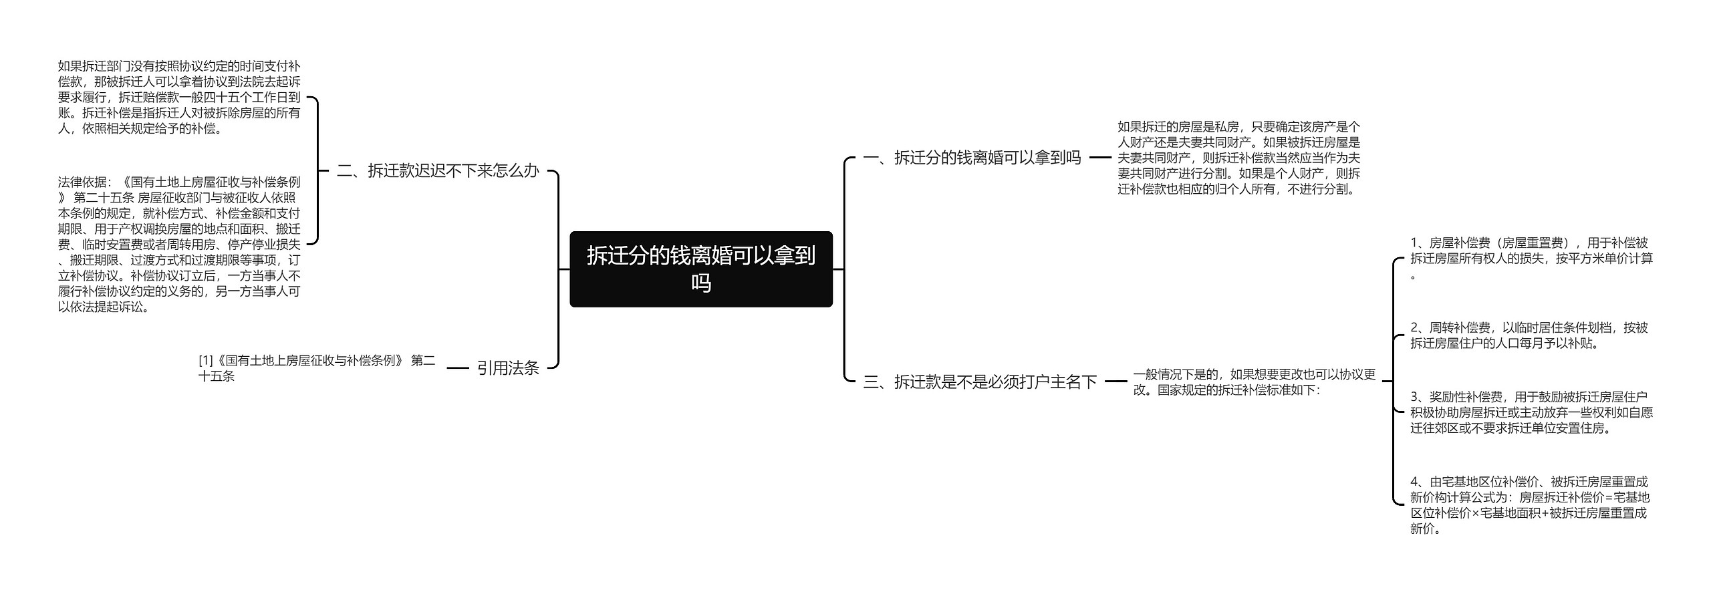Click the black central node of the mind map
pos(700,269)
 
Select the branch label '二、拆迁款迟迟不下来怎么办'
pos(437,171)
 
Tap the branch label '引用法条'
pos(508,367)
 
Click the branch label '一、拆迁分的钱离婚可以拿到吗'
pos(972,158)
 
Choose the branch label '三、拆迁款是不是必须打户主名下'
pos(980,382)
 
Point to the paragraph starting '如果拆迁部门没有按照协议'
pos(179,97)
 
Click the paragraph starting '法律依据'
pos(179,244)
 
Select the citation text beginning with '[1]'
pos(317,368)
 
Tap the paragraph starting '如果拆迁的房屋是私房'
pos(1238,158)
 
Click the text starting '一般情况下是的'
pos(1254,382)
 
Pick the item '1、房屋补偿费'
pos(1531,258)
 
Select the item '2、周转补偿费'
pos(1529,335)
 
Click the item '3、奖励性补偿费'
pos(1531,412)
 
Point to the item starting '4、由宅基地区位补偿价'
pos(1530,504)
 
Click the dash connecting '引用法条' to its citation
pos(457,368)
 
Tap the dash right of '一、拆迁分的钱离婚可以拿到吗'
pos(1099,158)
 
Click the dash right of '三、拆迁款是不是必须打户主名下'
pos(1115,382)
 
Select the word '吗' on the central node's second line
pos(700,283)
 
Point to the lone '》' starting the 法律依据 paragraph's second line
pos(62,198)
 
